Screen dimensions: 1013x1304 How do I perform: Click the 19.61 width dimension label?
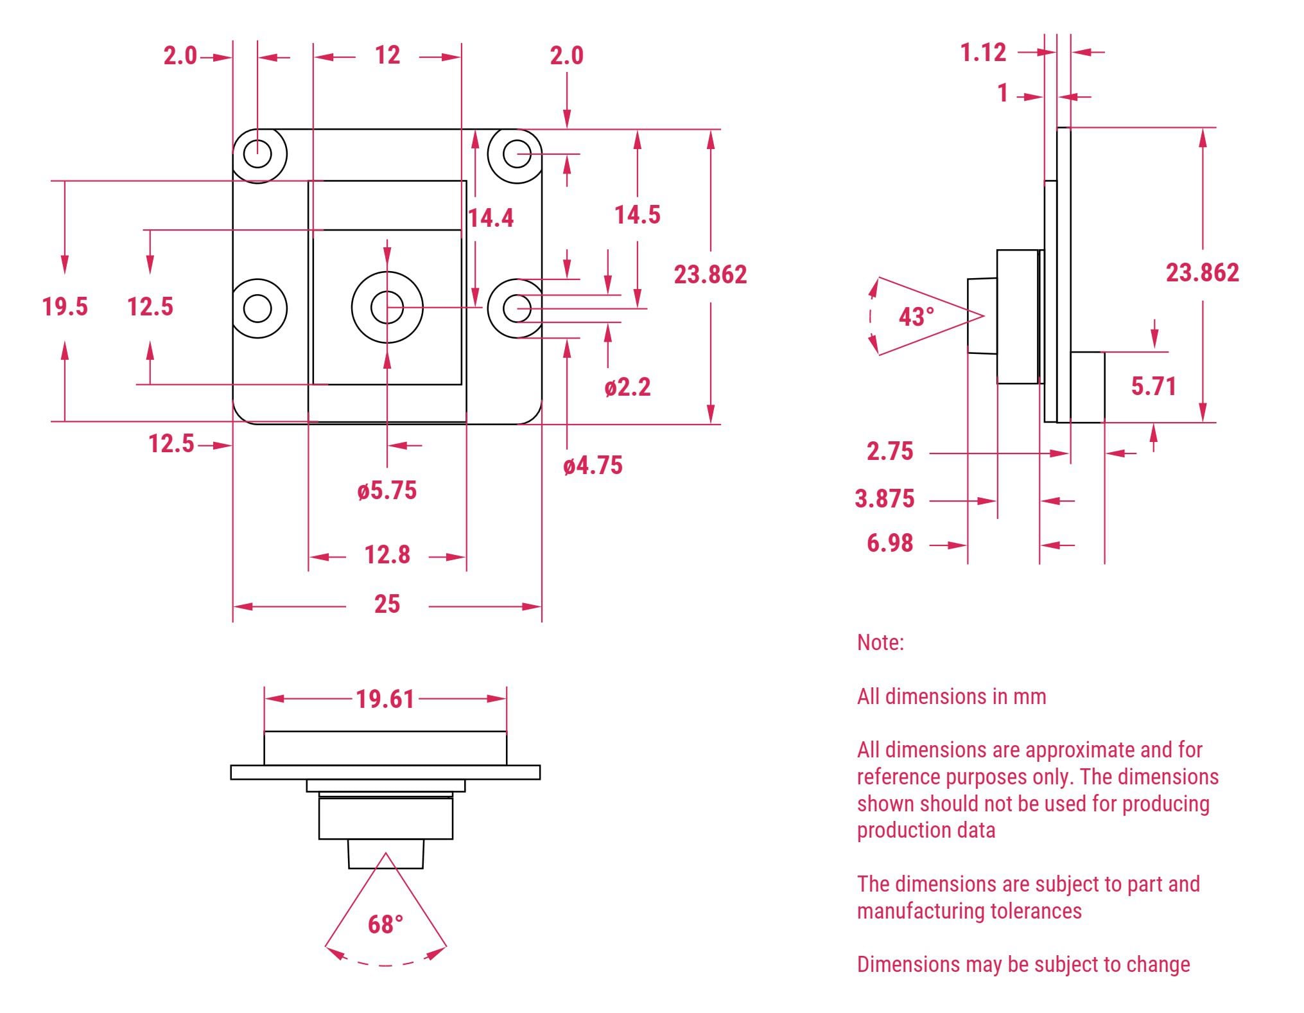[385, 699]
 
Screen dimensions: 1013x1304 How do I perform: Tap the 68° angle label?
[385, 924]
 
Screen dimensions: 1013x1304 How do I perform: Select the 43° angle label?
[916, 316]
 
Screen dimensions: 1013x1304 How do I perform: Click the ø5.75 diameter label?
[387, 491]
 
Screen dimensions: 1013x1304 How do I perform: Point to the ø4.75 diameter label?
[593, 466]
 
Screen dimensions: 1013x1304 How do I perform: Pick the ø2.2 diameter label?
[627, 387]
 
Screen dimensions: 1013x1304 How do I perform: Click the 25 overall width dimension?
[387, 604]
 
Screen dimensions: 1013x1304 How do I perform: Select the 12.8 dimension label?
[387, 555]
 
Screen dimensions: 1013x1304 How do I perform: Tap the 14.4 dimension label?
[491, 218]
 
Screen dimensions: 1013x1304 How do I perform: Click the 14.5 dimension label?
[637, 215]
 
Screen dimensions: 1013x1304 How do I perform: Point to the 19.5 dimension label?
[65, 306]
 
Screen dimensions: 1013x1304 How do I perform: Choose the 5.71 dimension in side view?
[1153, 386]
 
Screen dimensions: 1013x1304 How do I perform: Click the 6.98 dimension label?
[889, 543]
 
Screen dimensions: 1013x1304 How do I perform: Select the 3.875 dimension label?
[884, 499]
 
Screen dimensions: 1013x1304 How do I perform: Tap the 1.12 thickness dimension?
[983, 53]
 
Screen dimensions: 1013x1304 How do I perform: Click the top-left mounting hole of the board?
[257, 154]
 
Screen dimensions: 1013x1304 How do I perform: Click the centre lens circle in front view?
[387, 308]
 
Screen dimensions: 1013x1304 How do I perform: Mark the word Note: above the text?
[880, 642]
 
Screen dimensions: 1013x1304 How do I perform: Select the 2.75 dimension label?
[889, 452]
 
